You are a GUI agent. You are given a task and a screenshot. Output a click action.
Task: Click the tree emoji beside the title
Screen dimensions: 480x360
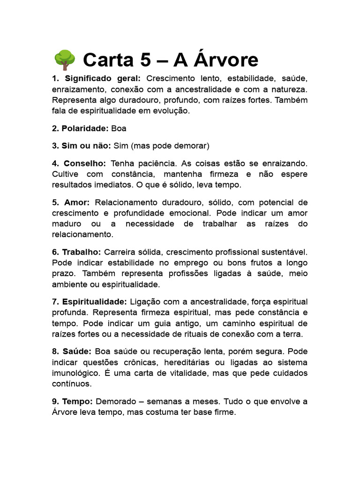click(64, 60)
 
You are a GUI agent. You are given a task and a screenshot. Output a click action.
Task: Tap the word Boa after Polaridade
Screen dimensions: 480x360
click(119, 128)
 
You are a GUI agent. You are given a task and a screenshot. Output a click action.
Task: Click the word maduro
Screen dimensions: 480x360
click(67, 224)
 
